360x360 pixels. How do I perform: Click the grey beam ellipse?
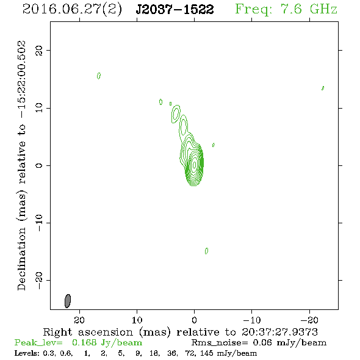click(68, 301)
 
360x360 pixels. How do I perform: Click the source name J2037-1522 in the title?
click(175, 9)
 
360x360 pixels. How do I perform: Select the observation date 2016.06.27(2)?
click(72, 9)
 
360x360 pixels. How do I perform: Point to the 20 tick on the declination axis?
click(39, 50)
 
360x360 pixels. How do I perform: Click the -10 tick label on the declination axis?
click(39, 223)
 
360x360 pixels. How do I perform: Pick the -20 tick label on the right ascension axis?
click(309, 320)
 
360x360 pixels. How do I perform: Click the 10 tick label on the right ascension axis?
click(137, 320)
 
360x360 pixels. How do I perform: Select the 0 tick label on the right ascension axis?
click(194, 320)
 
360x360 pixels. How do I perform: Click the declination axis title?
click(21, 165)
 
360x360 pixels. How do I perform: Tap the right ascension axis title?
click(180, 332)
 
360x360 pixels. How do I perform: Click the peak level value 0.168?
click(84, 342)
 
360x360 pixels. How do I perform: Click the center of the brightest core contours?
click(195, 165)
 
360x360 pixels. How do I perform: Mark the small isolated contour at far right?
click(323, 88)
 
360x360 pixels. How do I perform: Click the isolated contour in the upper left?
click(99, 76)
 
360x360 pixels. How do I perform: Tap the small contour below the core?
click(206, 251)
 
